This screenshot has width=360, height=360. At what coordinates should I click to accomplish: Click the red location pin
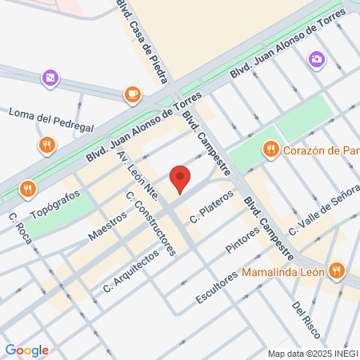pos(180,178)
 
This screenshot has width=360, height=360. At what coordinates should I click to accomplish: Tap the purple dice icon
pos(49,78)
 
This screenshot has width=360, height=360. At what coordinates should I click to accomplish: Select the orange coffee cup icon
pos(132,95)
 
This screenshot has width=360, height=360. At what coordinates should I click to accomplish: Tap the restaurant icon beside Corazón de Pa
pos(270,149)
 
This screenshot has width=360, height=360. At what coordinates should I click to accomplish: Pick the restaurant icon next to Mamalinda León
pos(336,270)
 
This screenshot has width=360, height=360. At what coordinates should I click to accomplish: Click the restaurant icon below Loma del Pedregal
pos(47,145)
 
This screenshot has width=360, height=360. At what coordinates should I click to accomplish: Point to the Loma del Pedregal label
pos(51,118)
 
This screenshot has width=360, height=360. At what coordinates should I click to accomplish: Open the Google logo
pos(26,350)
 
